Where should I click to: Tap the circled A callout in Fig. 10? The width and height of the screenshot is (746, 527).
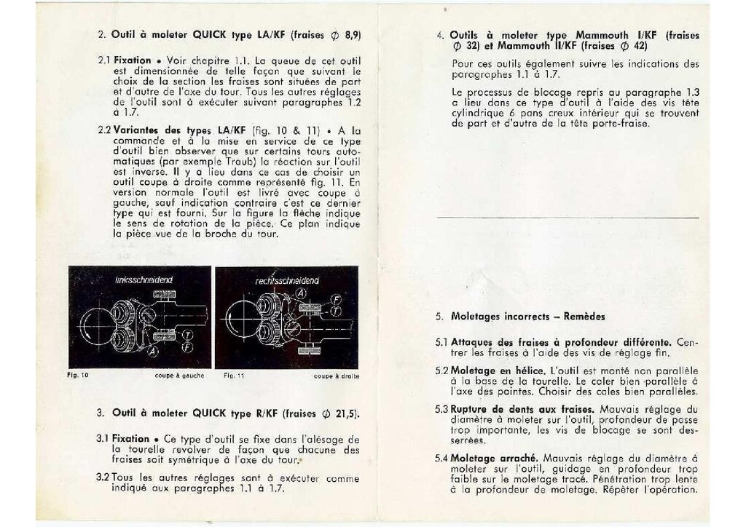coord(152,351)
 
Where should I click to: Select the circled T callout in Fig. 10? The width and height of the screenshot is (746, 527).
coord(188,334)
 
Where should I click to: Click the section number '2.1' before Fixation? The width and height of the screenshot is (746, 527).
coord(103,60)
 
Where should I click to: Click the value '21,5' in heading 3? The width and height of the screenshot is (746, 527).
coord(346,413)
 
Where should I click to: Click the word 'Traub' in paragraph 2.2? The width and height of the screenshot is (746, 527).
coord(230,159)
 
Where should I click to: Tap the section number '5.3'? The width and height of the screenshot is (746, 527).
coord(441,408)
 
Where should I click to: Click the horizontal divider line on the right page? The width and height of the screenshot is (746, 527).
coord(568,217)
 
